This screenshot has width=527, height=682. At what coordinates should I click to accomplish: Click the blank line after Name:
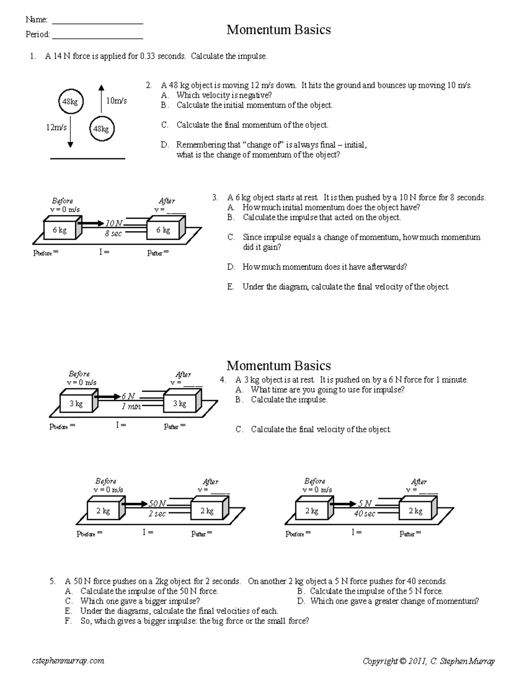[x=97, y=22]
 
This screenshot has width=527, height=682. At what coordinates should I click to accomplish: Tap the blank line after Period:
[x=97, y=38]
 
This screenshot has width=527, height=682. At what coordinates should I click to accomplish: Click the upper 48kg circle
[x=70, y=102]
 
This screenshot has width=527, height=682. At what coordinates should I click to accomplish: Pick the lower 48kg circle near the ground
[x=101, y=129]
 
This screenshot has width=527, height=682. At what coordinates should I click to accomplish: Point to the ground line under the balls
[x=87, y=158]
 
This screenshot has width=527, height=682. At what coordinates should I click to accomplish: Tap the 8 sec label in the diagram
[x=113, y=234]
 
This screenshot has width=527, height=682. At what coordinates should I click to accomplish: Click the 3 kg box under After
[x=180, y=404]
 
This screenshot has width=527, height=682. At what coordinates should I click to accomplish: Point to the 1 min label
[x=131, y=407]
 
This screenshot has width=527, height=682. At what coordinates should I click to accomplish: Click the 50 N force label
[x=158, y=504]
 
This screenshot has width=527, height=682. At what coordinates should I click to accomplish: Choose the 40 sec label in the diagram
[x=365, y=514]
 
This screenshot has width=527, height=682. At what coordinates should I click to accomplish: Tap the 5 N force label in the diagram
[x=365, y=504]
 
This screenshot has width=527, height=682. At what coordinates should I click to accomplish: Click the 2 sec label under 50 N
[x=157, y=514]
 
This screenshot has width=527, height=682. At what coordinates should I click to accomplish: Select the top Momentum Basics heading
[x=278, y=30]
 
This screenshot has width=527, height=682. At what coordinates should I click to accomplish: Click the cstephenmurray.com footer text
[x=68, y=660]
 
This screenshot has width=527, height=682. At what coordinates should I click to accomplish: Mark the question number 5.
[x=52, y=581]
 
